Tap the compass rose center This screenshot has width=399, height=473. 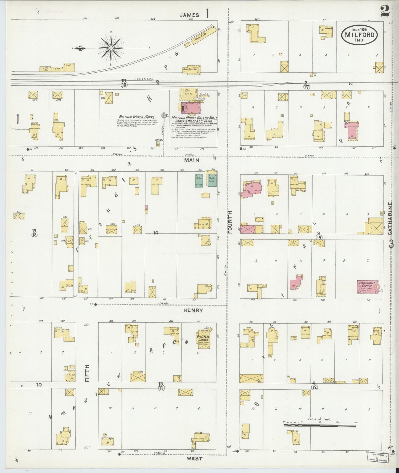tap(111, 48)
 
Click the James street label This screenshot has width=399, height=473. tap(189, 15)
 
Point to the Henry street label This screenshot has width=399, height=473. tap(193, 310)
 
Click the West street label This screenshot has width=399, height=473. tap(195, 459)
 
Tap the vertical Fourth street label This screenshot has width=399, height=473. tap(230, 222)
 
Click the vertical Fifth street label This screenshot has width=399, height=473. tap(87, 373)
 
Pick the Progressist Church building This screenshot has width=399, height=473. tap(368, 287)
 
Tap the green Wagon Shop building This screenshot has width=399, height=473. tap(212, 180)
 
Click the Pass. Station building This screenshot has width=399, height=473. tap(191, 69)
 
